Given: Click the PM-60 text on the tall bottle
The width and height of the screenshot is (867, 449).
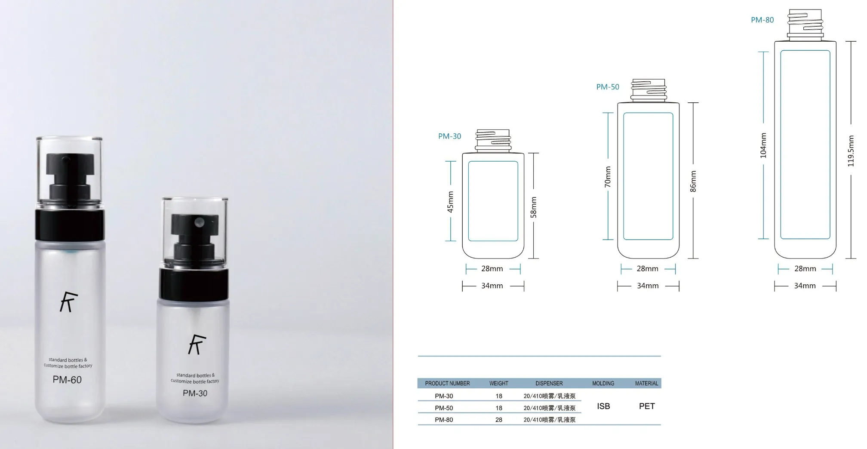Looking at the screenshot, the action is tap(67, 380).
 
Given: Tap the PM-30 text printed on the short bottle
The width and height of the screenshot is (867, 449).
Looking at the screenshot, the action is tap(195, 393).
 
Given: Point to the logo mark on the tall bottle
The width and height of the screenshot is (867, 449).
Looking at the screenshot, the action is tap(69, 301).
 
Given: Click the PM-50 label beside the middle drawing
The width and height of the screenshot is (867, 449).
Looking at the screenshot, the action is tap(608, 87).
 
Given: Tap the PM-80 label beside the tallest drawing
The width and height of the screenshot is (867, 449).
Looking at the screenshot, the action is tap(762, 20).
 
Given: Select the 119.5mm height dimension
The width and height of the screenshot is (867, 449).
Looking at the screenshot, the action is tap(851, 151).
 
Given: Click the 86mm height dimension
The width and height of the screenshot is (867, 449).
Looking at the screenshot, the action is tap(693, 181).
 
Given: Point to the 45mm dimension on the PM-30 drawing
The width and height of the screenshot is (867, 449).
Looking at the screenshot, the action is tap(450, 202).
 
